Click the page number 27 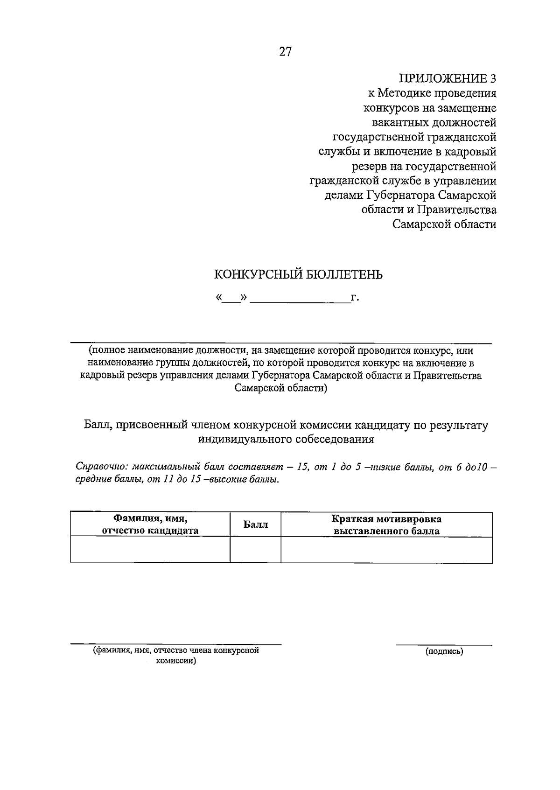pyautogui.click(x=285, y=52)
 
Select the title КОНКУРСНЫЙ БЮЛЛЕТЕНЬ pyautogui.click(x=298, y=274)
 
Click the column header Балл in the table pyautogui.click(x=256, y=524)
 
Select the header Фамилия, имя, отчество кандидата pyautogui.click(x=150, y=524)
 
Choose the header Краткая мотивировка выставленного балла pyautogui.click(x=386, y=524)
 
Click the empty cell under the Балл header pyautogui.click(x=256, y=550)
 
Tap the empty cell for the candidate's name pyautogui.click(x=150, y=550)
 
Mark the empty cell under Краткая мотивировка pyautogui.click(x=386, y=550)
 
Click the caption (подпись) pyautogui.click(x=444, y=651)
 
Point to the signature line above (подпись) pyautogui.click(x=444, y=645)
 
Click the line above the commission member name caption pyautogui.click(x=176, y=644)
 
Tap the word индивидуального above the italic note pyautogui.click(x=244, y=439)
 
